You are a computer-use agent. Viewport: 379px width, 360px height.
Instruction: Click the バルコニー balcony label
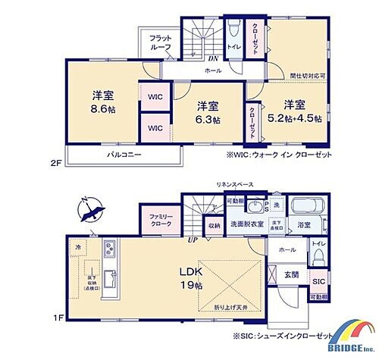(x=123, y=155)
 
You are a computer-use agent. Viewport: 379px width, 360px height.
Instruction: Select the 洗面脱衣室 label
(x=247, y=224)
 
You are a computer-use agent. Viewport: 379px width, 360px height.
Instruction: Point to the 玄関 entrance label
(x=291, y=274)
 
